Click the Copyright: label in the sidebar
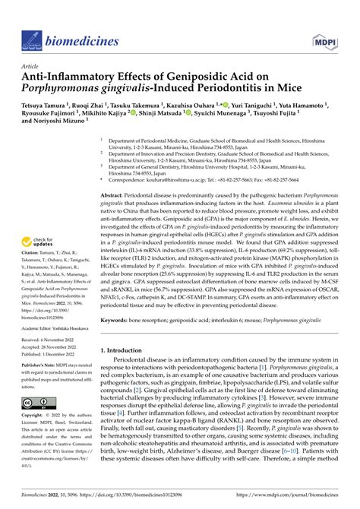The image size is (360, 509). tap(33, 416)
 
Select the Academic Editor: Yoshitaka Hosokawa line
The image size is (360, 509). tap(56, 327)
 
